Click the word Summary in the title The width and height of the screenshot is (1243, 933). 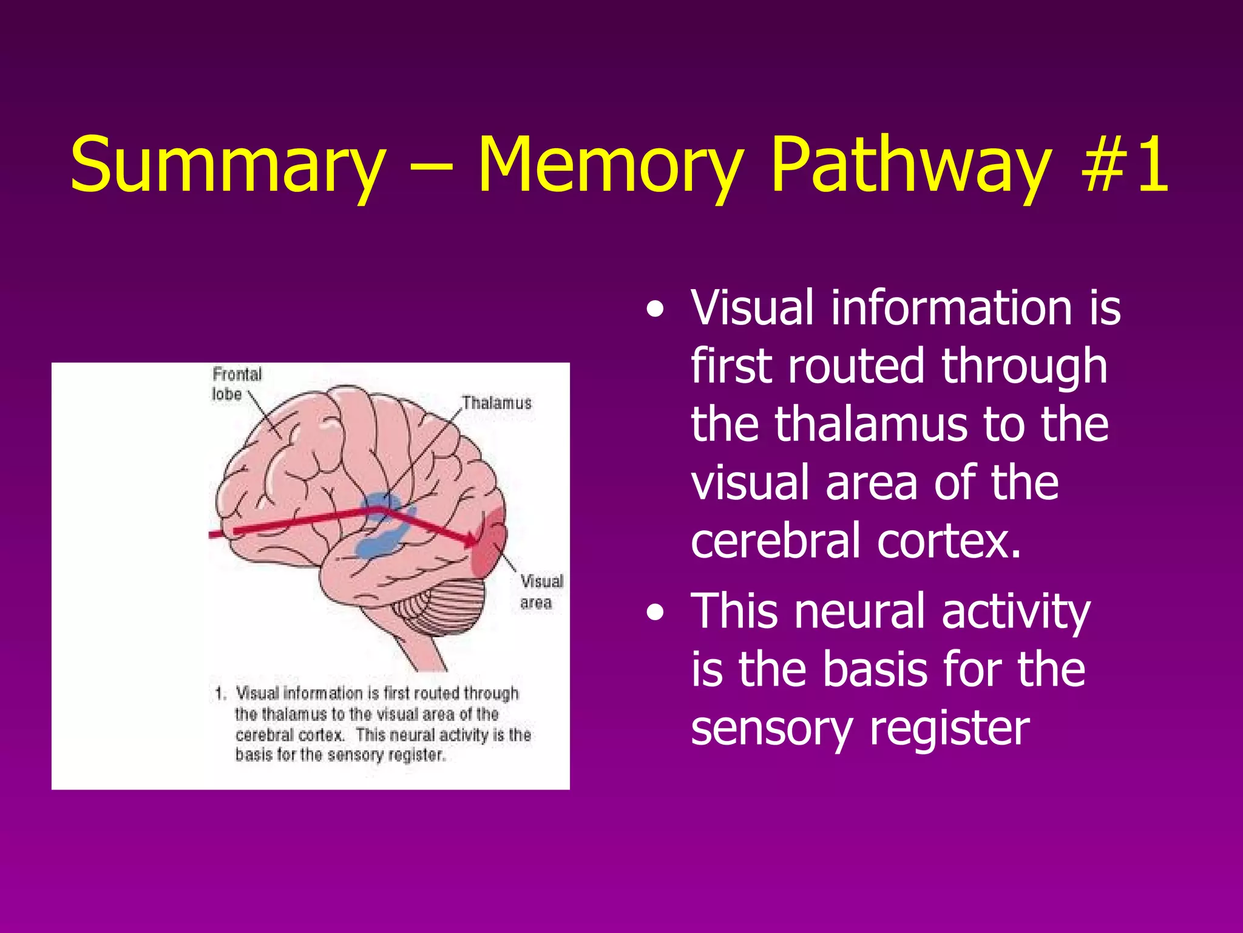[x=228, y=165]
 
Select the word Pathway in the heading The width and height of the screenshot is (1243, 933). [x=910, y=165]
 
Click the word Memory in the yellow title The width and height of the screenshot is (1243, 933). [x=610, y=165]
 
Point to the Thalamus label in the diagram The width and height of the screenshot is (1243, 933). [x=496, y=403]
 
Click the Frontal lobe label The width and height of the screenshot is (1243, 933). [x=236, y=384]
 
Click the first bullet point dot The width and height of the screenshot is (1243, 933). [x=654, y=311]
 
